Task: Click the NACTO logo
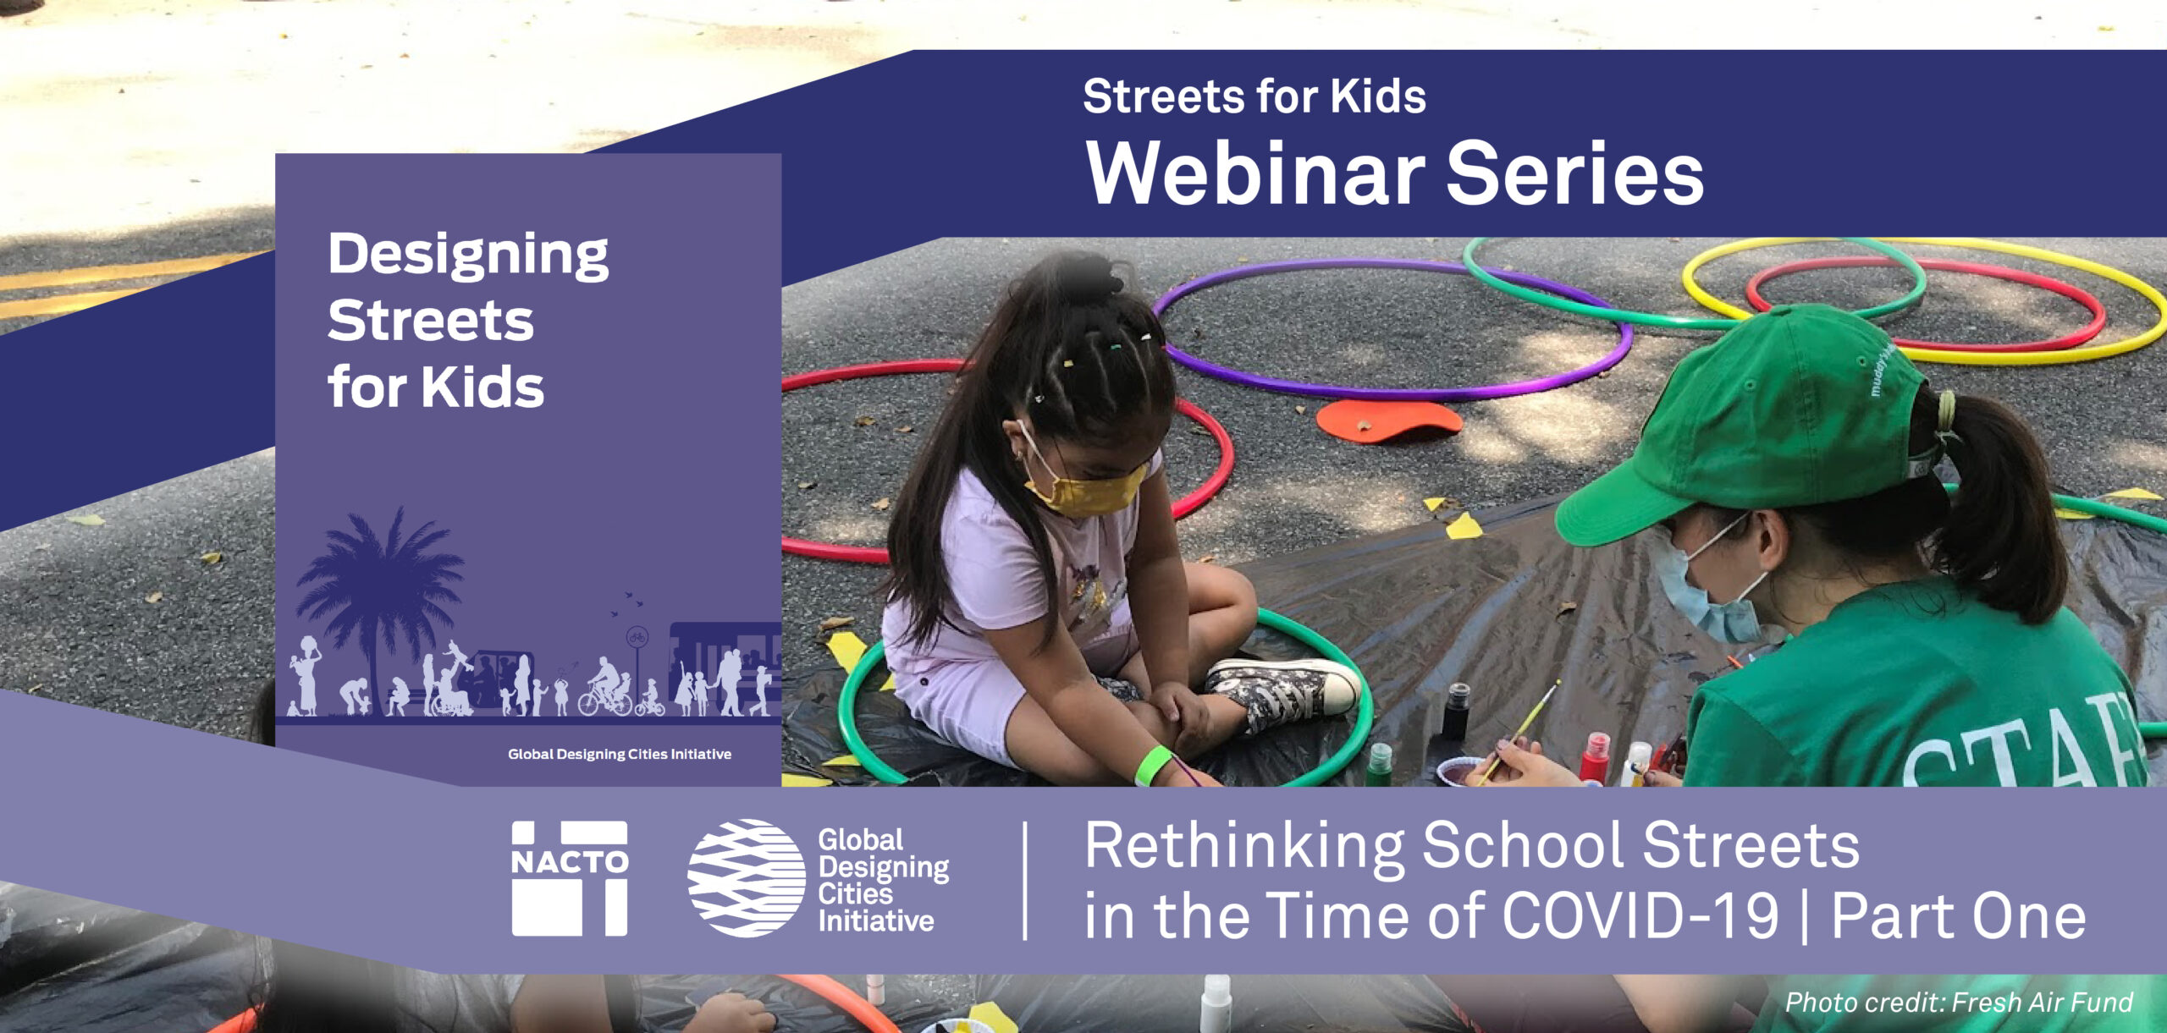pos(570,878)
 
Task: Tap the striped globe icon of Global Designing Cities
pos(746,878)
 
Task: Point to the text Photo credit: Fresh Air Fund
pos(1958,1003)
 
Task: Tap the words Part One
pos(1958,917)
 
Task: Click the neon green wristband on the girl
pos(1152,766)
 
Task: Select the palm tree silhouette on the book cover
pos(381,584)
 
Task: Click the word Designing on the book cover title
pos(467,255)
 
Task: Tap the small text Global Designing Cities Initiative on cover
pos(619,754)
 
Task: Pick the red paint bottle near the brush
pos(1595,757)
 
